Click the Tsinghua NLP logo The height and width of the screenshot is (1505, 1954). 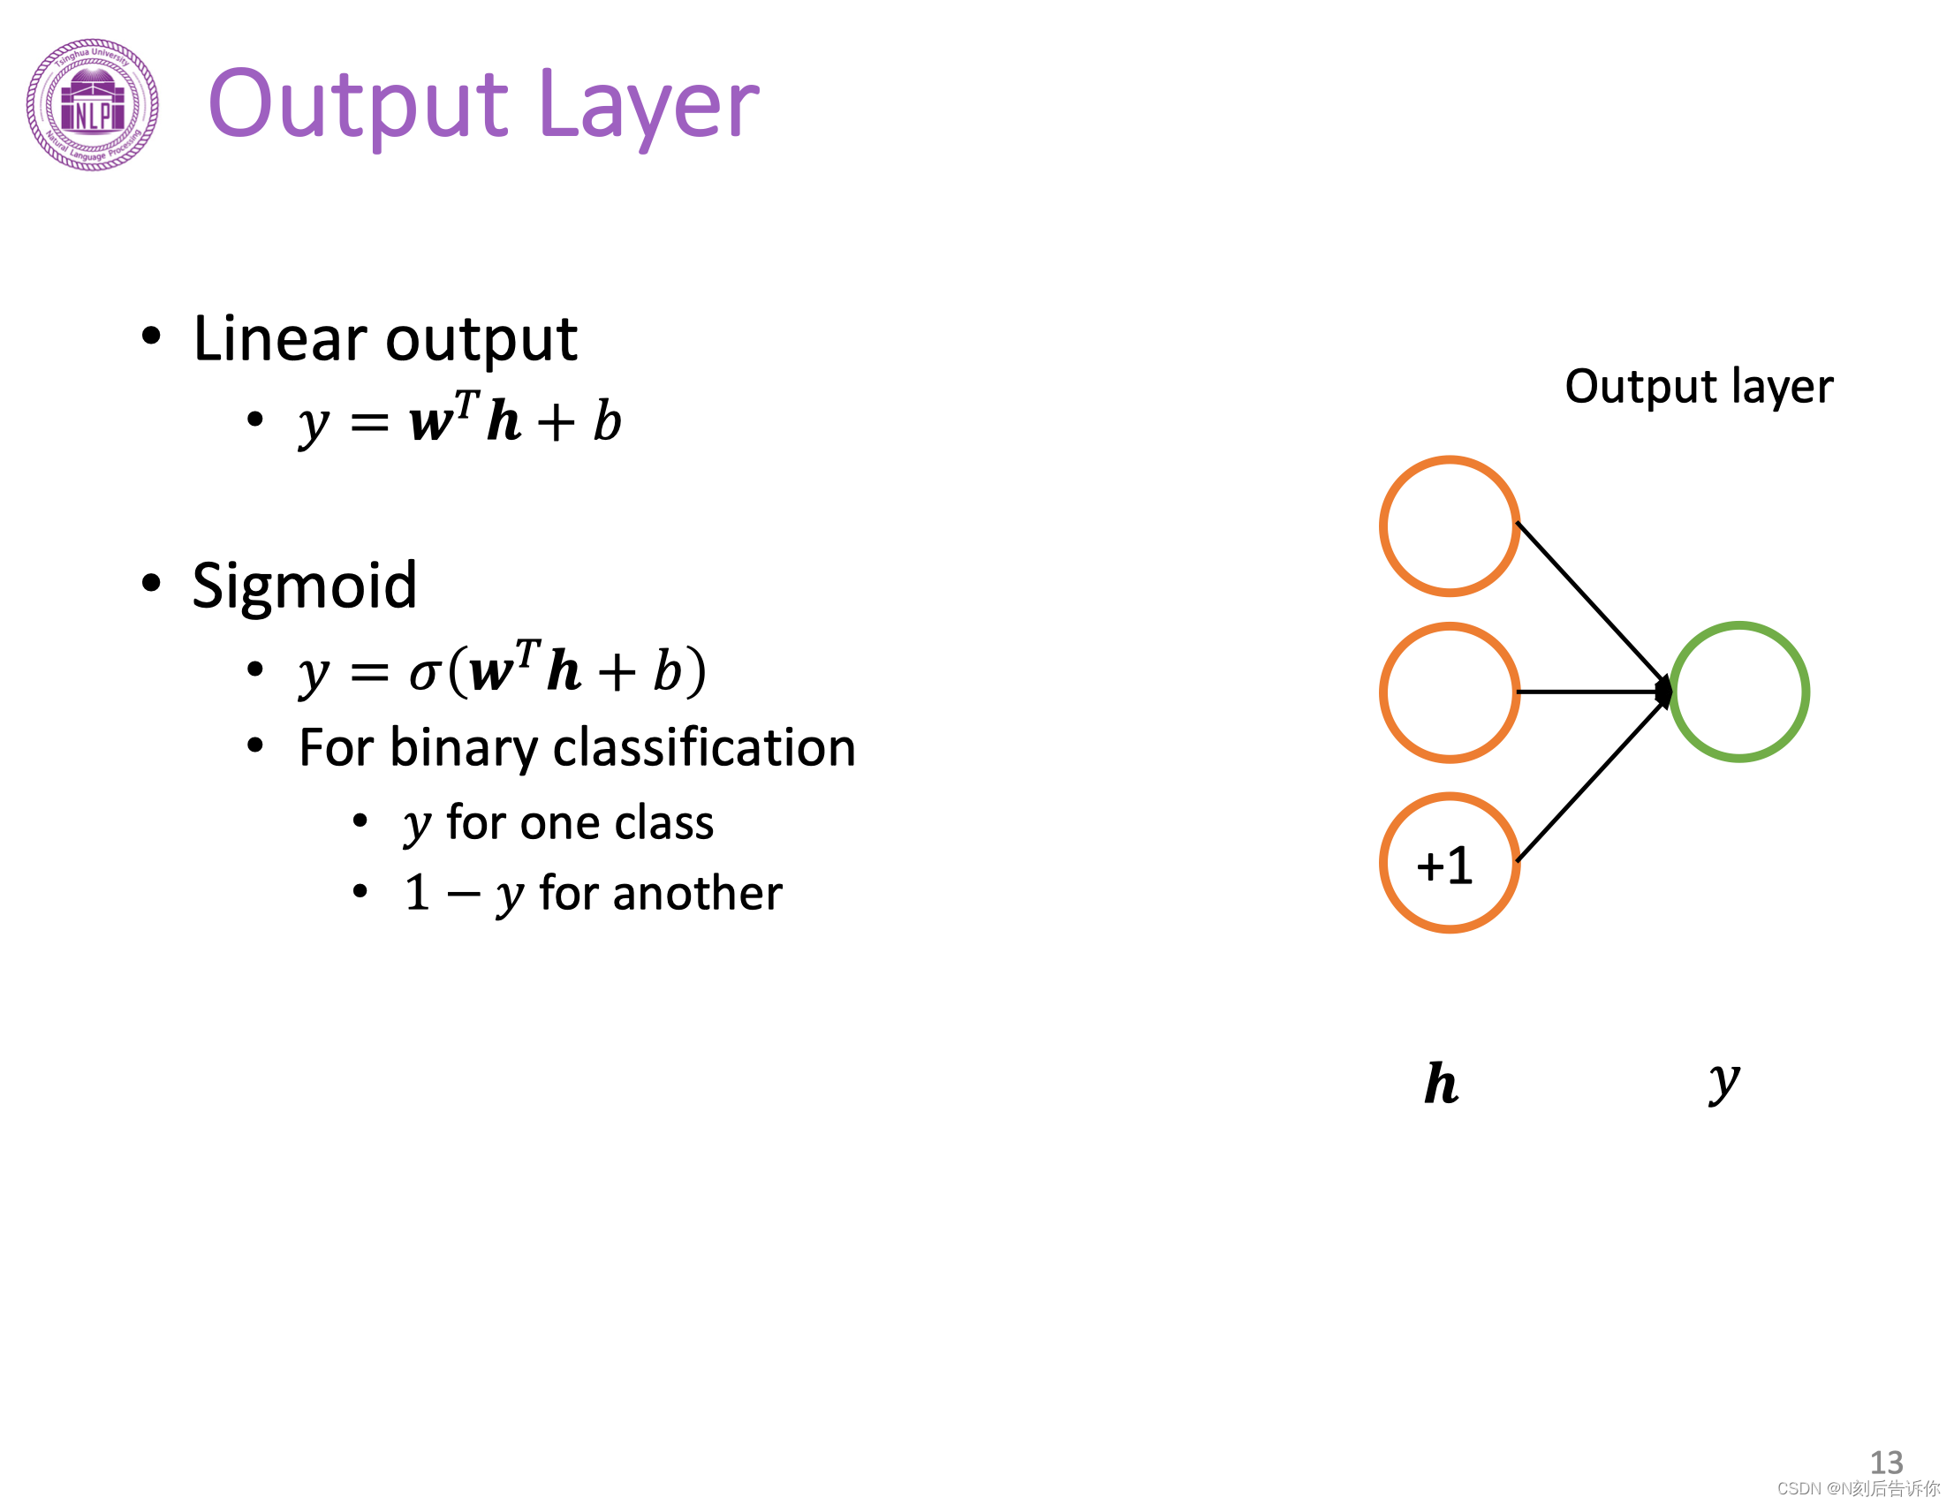point(93,105)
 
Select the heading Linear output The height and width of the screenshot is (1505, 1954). point(385,339)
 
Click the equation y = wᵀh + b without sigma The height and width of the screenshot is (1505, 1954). point(460,420)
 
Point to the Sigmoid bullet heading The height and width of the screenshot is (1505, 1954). point(304,586)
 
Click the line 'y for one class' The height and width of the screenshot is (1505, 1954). point(558,823)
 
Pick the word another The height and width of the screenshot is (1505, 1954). point(660,894)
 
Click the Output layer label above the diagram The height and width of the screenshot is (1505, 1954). point(1698,387)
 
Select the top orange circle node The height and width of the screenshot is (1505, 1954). point(1449,526)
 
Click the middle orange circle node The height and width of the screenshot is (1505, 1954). point(1449,692)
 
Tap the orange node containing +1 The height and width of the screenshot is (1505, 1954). point(1449,864)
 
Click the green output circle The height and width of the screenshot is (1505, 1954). point(1738,692)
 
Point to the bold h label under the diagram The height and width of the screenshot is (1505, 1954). point(1442,1085)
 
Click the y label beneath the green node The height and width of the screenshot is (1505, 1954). point(1723,1083)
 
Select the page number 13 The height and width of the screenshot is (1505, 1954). point(1886,1462)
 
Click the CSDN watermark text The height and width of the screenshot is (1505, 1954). point(1858,1488)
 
